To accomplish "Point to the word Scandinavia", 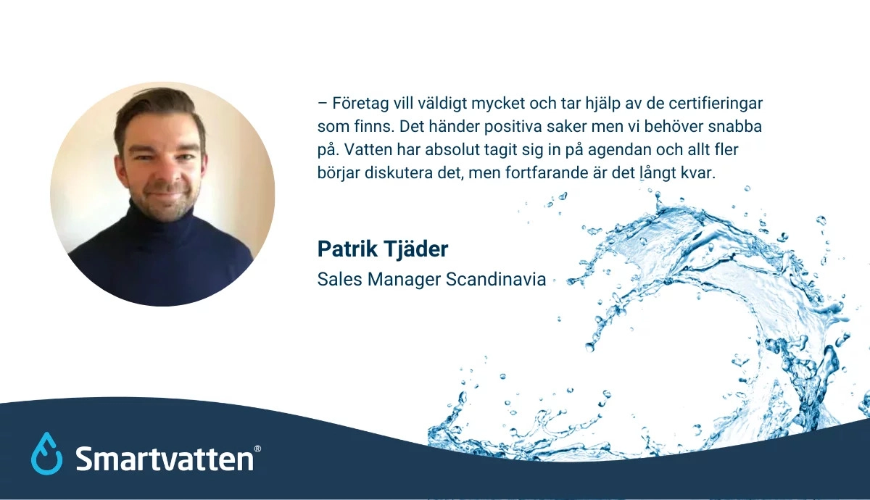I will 496,279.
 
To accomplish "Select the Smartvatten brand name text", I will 164,458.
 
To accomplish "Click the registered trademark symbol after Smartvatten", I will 257,450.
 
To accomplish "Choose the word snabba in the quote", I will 736,126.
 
